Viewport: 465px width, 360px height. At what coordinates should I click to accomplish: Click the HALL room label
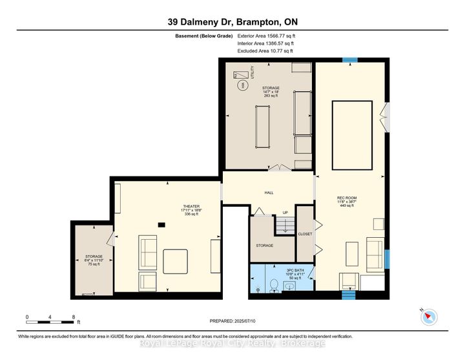click(x=268, y=192)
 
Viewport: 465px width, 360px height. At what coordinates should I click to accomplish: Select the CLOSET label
click(x=305, y=234)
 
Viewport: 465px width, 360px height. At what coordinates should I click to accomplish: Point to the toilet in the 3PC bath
click(x=274, y=284)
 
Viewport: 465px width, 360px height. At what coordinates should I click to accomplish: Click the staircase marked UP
click(x=285, y=226)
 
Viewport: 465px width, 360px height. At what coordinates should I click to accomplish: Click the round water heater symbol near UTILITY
click(x=242, y=85)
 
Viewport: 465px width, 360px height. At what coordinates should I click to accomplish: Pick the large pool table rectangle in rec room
click(x=351, y=134)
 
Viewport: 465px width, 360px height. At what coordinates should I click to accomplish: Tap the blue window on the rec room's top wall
click(x=349, y=60)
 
